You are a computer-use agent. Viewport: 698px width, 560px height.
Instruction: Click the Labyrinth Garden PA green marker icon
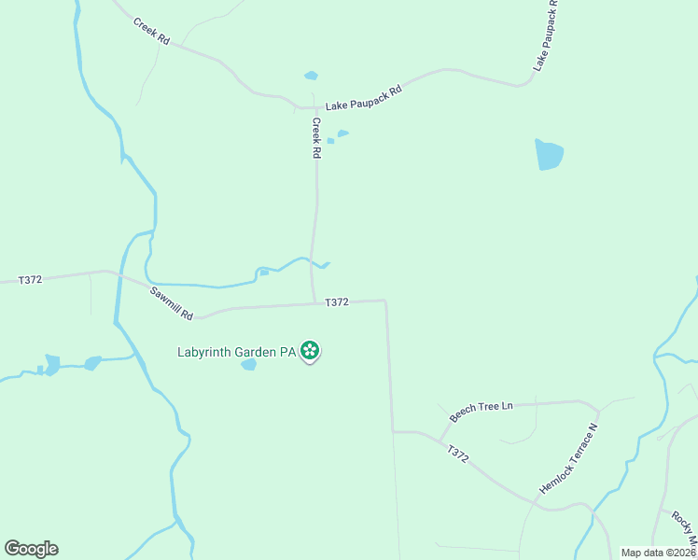click(x=310, y=351)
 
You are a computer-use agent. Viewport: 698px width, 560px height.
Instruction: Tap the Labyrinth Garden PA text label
click(x=237, y=352)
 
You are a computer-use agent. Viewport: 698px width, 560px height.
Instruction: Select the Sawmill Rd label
click(x=171, y=302)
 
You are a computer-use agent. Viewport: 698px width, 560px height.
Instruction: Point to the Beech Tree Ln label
click(x=482, y=412)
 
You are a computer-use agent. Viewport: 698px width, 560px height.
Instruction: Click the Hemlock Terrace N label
click(x=567, y=458)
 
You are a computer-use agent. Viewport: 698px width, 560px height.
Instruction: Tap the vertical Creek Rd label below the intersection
click(x=316, y=137)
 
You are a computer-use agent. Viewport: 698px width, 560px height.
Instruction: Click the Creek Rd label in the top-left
click(x=151, y=31)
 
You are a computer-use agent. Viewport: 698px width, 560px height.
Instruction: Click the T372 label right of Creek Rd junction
click(x=337, y=301)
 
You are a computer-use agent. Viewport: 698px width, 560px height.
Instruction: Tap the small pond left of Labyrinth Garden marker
click(x=248, y=365)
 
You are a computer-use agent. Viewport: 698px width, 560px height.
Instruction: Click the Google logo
click(x=31, y=548)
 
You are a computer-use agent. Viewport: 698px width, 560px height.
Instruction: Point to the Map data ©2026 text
click(x=657, y=553)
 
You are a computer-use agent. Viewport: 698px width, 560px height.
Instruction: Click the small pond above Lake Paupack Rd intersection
click(x=311, y=76)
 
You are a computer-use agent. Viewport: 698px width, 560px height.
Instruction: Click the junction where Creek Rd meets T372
click(x=314, y=302)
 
